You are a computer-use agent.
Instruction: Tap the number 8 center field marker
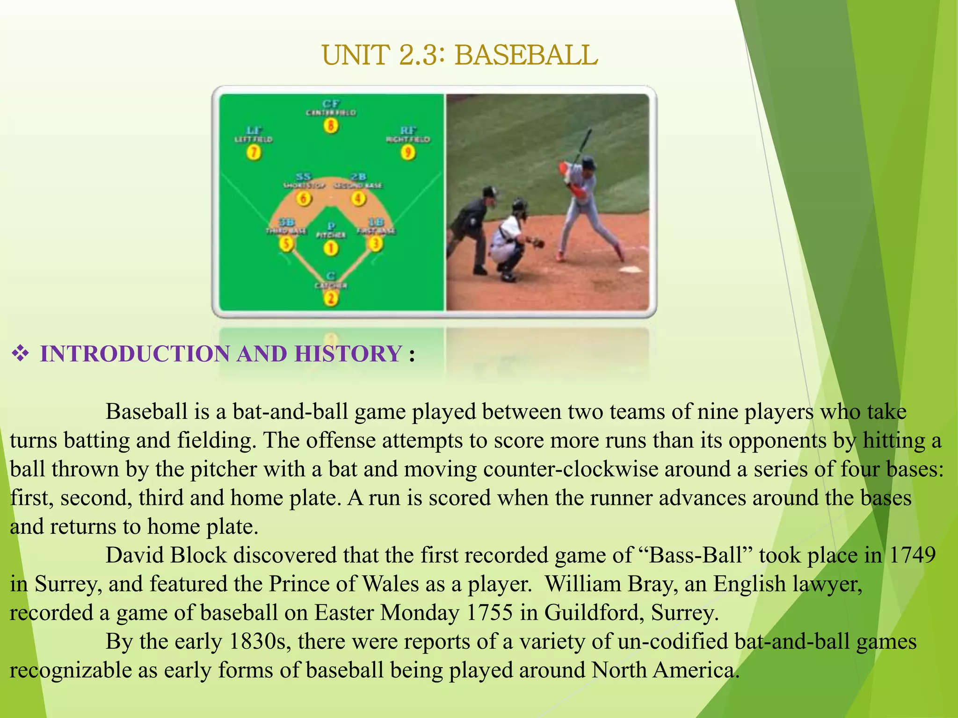pyautogui.click(x=331, y=125)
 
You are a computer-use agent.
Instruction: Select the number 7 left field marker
pyautogui.click(x=254, y=152)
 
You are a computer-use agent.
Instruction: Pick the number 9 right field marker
pyautogui.click(x=408, y=152)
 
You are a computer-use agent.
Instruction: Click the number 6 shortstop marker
pyautogui.click(x=304, y=199)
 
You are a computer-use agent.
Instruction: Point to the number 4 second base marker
pyautogui.click(x=358, y=199)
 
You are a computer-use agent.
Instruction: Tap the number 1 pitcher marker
pyautogui.click(x=331, y=248)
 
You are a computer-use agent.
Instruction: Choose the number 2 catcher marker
pyautogui.click(x=331, y=298)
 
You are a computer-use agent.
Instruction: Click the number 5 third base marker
pyautogui.click(x=286, y=244)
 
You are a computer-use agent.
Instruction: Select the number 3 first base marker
pyautogui.click(x=375, y=244)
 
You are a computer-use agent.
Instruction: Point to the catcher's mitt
pyautogui.click(x=538, y=243)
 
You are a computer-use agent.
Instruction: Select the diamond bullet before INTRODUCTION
pyautogui.click(x=20, y=354)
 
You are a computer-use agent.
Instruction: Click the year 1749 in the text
pyautogui.click(x=912, y=555)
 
